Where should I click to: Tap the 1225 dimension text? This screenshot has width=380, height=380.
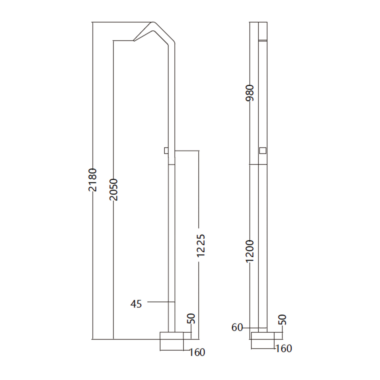[201, 245]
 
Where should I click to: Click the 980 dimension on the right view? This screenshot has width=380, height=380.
[250, 93]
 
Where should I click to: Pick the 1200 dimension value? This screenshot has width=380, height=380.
[250, 251]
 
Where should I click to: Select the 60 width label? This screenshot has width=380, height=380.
[237, 328]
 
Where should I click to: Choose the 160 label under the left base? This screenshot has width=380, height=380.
[197, 352]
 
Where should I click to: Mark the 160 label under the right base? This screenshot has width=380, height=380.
[284, 349]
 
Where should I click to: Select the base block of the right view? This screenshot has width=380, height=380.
[263, 336]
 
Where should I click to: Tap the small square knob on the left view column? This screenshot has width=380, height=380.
[166, 150]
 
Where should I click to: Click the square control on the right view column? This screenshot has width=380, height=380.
[263, 150]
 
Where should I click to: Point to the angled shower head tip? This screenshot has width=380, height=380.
[134, 40]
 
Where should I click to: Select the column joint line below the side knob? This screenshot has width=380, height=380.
[172, 164]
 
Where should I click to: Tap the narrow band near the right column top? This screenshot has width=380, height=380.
[263, 40]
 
